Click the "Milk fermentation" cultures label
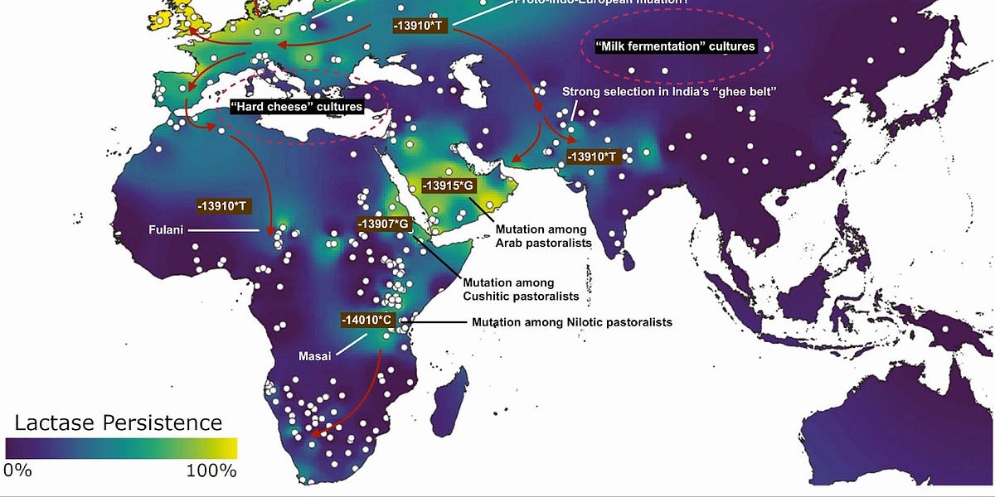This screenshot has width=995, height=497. pyautogui.click(x=676, y=46)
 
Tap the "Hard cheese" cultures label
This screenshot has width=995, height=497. pyautogui.click(x=296, y=107)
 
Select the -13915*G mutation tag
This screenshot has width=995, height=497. pyautogui.click(x=448, y=186)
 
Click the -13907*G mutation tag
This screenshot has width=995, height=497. pyautogui.click(x=384, y=224)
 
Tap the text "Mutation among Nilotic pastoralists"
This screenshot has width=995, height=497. pyautogui.click(x=571, y=321)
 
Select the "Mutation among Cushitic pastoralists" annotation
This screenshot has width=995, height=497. pyautogui.click(x=508, y=289)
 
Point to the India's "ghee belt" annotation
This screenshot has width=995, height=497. pyautogui.click(x=668, y=91)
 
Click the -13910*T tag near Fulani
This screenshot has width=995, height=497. pyautogui.click(x=224, y=205)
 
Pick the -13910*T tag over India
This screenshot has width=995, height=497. pyautogui.click(x=593, y=156)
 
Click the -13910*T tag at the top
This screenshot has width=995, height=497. pyautogui.click(x=420, y=25)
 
